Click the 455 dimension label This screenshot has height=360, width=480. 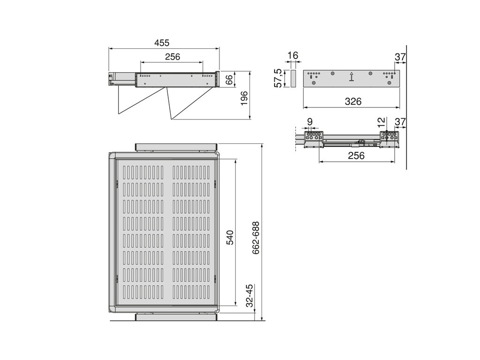click(162, 43)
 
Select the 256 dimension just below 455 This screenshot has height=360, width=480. click(172, 57)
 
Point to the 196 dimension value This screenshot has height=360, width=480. click(244, 98)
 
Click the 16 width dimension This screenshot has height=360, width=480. click(293, 55)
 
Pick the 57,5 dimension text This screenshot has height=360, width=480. click(278, 78)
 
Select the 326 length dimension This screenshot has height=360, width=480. click(353, 101)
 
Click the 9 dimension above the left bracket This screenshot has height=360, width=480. click(310, 122)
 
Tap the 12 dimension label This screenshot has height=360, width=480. click(381, 123)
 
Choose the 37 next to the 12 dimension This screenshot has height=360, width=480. click(400, 122)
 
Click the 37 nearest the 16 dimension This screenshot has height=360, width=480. click(400, 57)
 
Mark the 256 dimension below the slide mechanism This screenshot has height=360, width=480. click(356, 156)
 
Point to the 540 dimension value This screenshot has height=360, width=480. click(230, 238)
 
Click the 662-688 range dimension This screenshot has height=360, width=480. click(256, 238)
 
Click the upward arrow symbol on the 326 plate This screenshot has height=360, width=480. click(352, 76)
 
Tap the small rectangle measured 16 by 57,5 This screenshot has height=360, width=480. click(293, 79)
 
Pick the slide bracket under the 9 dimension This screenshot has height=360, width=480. click(314, 139)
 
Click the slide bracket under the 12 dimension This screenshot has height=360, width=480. click(390, 139)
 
